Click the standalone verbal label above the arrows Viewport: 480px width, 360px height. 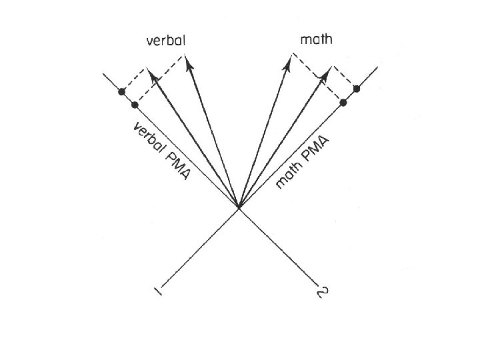pyautogui.click(x=166, y=41)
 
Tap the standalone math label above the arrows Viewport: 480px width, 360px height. pyautogui.click(x=316, y=40)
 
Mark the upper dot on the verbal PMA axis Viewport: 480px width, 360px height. pyautogui.click(x=121, y=91)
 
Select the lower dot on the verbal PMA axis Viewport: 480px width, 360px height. pyautogui.click(x=135, y=105)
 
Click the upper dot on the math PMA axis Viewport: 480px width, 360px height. pyautogui.click(x=357, y=88)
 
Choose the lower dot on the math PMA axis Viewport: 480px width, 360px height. pyautogui.click(x=343, y=102)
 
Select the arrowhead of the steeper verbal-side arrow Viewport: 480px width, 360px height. pyautogui.click(x=188, y=62)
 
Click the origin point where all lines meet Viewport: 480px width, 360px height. pyautogui.click(x=239, y=208)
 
